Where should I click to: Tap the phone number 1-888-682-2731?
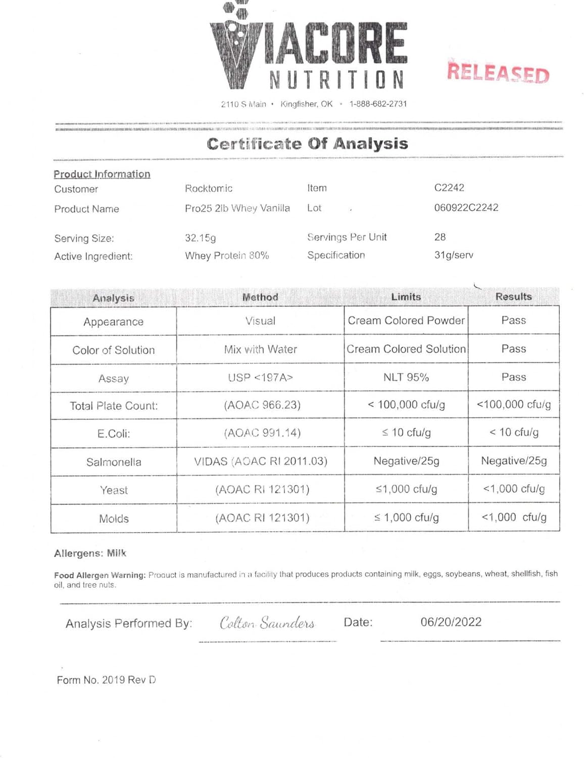378,104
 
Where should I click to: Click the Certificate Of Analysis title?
307,144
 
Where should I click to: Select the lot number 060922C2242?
466,208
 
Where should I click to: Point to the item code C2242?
449,188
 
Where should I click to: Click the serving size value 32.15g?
200,238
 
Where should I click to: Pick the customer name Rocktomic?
208,188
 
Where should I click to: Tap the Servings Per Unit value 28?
440,237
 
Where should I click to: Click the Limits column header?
406,297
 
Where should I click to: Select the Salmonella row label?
114,462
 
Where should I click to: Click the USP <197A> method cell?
260,377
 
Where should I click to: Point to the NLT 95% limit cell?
406,377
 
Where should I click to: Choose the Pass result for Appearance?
513,320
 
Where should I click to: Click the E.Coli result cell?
513,433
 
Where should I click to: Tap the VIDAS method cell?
260,461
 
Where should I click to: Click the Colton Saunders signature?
267,623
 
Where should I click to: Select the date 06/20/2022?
451,622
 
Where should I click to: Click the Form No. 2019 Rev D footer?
106,680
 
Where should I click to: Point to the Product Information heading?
102,174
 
